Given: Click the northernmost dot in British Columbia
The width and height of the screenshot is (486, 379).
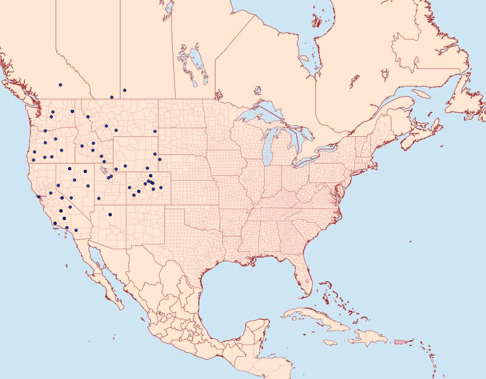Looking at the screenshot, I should [x=60, y=85].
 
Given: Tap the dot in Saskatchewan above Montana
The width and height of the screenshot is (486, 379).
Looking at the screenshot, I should [x=125, y=90].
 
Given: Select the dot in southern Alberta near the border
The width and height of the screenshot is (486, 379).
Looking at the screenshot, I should [x=112, y=97].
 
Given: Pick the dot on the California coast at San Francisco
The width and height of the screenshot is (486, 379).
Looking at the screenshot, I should [x=38, y=197].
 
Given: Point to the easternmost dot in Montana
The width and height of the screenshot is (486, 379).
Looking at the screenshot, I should [x=155, y=131].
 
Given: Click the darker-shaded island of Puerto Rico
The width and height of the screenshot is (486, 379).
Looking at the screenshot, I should [x=400, y=341].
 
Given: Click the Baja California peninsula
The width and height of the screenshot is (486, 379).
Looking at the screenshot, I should [x=103, y=276].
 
